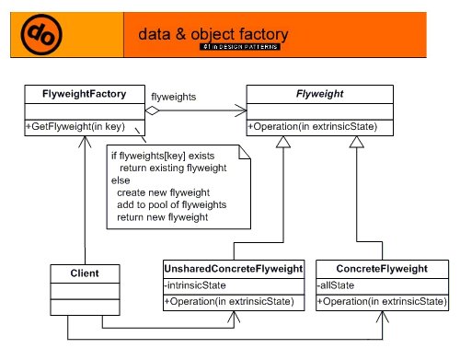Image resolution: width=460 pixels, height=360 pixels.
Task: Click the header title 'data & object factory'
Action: pos(213,34)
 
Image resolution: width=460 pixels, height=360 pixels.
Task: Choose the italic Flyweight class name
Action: pos(318,94)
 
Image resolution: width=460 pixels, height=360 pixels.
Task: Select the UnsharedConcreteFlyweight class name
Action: pos(233,269)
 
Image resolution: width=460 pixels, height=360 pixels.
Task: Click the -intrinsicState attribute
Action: pos(196,285)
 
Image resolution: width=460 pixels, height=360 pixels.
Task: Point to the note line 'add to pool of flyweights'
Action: pos(171,204)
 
